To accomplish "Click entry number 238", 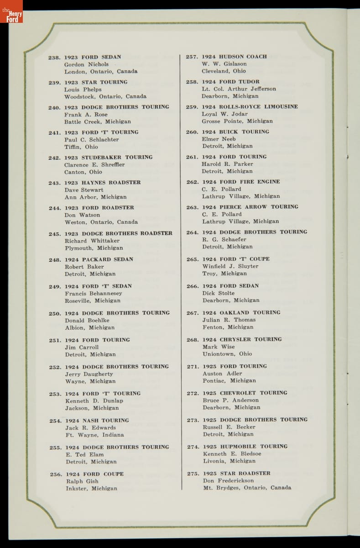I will pyautogui.click(x=54, y=58).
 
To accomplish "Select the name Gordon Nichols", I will pyautogui.click(x=86, y=64).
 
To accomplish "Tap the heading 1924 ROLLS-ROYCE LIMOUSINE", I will pyautogui.click(x=250, y=107).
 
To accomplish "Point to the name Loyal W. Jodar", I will pyautogui.click(x=224, y=114).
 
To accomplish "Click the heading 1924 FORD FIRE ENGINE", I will pyautogui.click(x=241, y=182).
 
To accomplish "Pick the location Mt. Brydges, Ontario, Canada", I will pyautogui.click(x=247, y=488).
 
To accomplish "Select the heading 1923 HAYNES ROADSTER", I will pyautogui.click(x=102, y=183).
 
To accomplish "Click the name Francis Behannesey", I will pyautogui.click(x=93, y=294).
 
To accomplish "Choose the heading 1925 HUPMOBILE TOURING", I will pyautogui.click(x=245, y=447).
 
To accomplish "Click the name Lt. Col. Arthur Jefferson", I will pyautogui.click(x=239, y=89).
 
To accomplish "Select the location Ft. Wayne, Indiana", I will pyautogui.click(x=94, y=435).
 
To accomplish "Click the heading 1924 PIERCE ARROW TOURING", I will pyautogui.click(x=250, y=207).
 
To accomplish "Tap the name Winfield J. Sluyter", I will pyautogui.click(x=230, y=266).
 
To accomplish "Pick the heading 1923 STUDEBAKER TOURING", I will pyautogui.click(x=109, y=158).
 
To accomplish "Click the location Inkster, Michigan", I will pyautogui.click(x=91, y=489).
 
